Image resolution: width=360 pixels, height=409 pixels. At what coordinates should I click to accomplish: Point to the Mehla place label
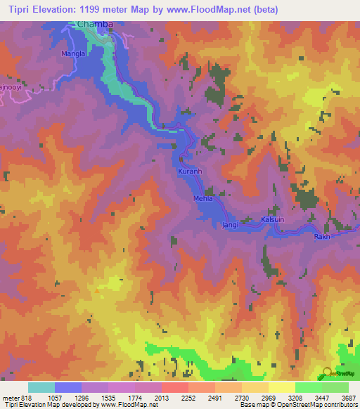(202, 199)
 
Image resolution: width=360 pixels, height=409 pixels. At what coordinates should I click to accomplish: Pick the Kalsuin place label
(274, 219)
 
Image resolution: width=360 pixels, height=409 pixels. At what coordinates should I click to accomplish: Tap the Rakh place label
(322, 236)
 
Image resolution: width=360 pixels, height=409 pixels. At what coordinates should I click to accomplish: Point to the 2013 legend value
(161, 398)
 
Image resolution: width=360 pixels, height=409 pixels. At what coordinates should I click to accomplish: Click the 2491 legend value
(214, 398)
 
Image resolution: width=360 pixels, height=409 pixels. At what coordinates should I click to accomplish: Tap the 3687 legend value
(348, 398)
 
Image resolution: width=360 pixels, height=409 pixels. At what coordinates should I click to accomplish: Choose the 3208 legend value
(295, 398)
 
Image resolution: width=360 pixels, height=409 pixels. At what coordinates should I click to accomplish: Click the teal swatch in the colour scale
(41, 387)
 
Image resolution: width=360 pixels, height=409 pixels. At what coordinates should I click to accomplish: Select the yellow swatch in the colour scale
(281, 387)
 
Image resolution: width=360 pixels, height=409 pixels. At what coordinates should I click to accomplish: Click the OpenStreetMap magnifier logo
(328, 374)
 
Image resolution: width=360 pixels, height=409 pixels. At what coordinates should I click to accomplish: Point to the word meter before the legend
(10, 398)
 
